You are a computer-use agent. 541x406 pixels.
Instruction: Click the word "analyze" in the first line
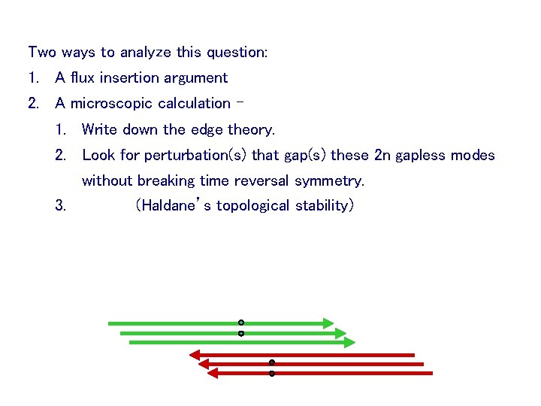[x=145, y=53]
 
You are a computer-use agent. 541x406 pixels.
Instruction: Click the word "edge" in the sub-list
[x=207, y=129]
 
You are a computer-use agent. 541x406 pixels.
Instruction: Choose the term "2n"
[x=382, y=156]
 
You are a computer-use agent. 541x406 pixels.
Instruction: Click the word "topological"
[x=254, y=206]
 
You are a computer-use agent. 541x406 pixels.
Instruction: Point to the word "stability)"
[x=325, y=206]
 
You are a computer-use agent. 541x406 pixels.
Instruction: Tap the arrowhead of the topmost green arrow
[x=328, y=323]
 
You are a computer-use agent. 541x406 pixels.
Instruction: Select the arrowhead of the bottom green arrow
[x=349, y=342]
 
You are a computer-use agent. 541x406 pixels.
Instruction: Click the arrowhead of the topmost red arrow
[x=194, y=354]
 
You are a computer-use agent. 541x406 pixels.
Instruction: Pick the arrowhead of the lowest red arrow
[x=212, y=373]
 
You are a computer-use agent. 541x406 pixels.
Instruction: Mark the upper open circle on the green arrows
[x=241, y=323]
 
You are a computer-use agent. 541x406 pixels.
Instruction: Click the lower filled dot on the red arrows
[x=272, y=373]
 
